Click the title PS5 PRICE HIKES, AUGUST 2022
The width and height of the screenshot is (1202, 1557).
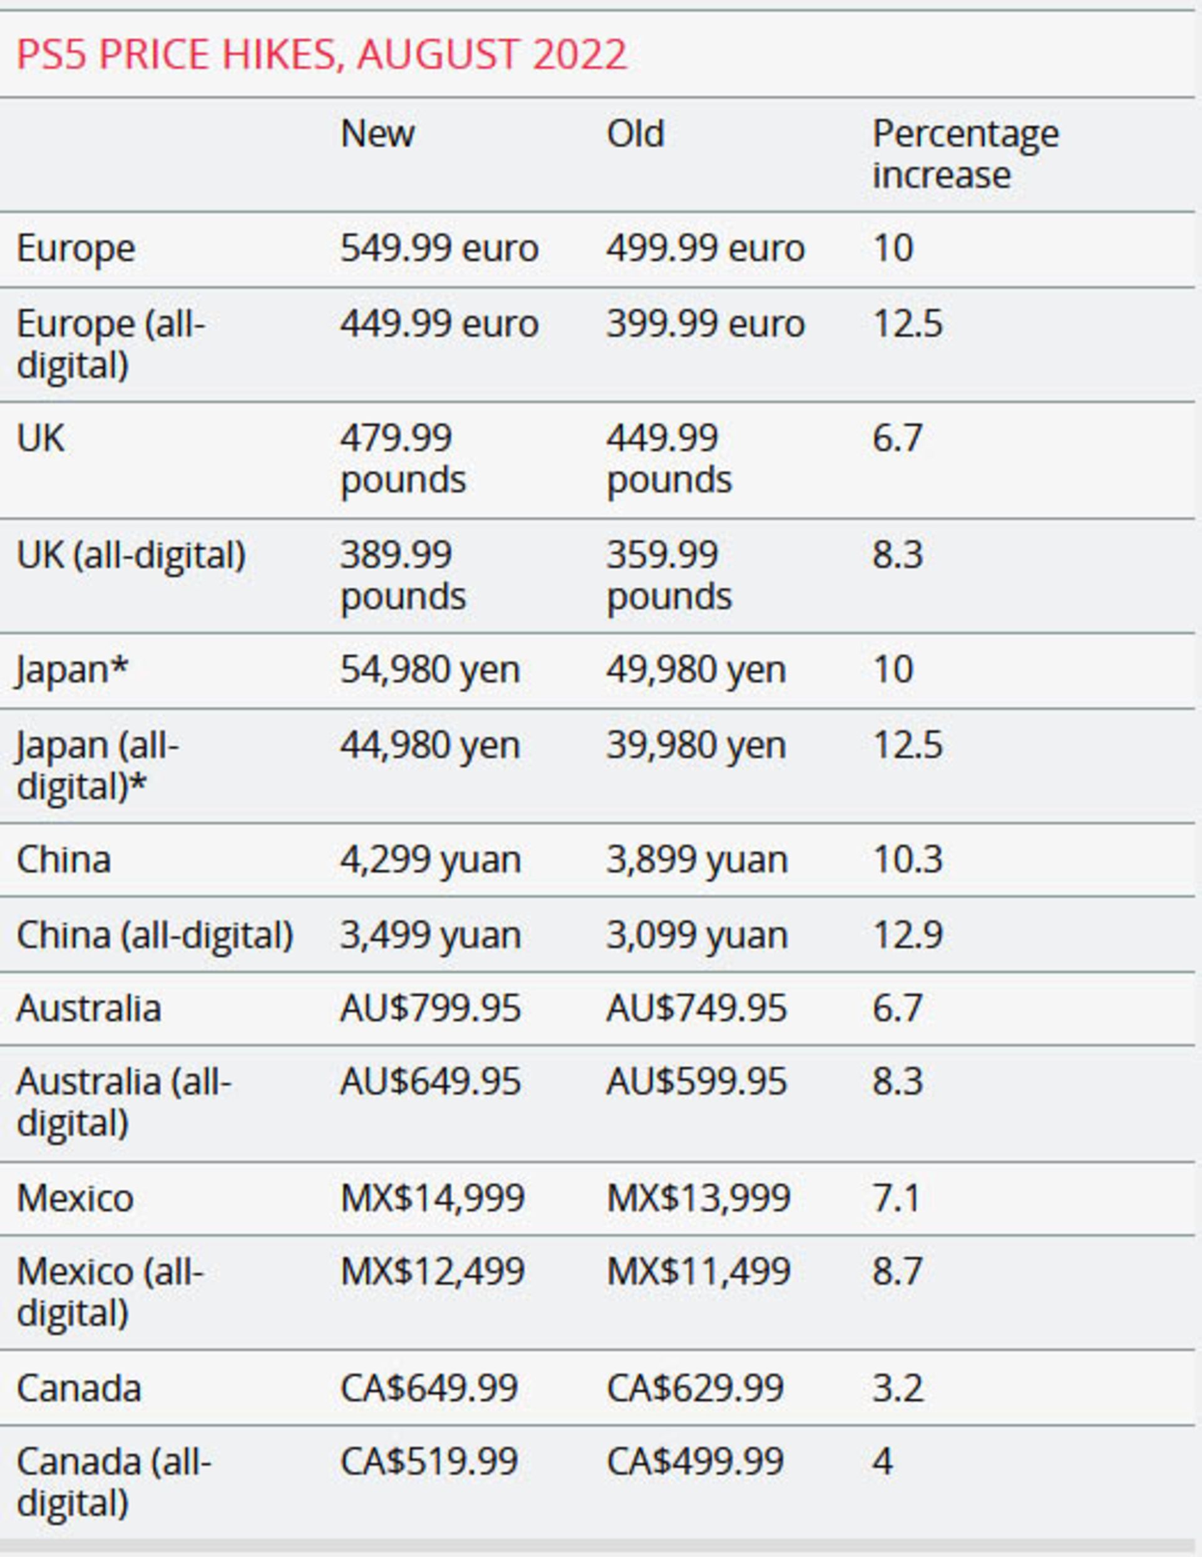pos(322,54)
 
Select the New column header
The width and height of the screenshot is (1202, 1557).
pos(377,134)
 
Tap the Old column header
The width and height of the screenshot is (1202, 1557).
pos(635,134)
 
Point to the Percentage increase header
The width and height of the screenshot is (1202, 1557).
pos(965,154)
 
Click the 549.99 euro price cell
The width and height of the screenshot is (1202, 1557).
pos(438,249)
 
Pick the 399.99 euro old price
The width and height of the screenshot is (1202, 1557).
pos(705,324)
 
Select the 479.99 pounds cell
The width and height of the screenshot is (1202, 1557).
pos(403,458)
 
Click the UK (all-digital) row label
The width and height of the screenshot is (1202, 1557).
pos(131,555)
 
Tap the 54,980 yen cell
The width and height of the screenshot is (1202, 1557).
pos(430,670)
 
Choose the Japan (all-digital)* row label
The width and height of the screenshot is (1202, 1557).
pos(98,766)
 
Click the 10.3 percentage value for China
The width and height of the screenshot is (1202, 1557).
pos(908,860)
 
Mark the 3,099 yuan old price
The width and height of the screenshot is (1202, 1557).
pos(697,935)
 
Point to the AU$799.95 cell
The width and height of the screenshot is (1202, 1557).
pos(430,1009)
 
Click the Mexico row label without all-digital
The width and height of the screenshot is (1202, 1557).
pos(75,1198)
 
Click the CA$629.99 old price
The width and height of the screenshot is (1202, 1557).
pos(695,1388)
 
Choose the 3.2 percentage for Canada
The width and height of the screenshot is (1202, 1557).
pos(897,1388)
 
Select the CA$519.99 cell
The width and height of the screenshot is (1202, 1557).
pos(428,1461)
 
